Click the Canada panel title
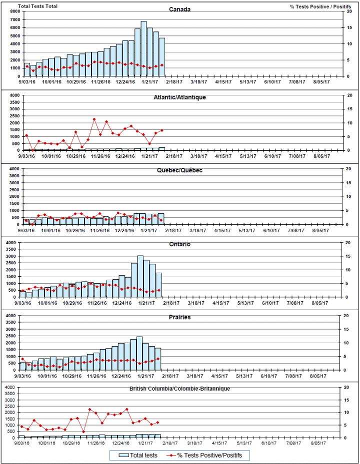(179, 9)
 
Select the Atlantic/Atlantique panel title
(179, 97)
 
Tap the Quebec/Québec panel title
(179, 170)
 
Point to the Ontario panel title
(179, 244)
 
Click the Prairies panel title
(179, 317)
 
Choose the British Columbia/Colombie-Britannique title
(179, 388)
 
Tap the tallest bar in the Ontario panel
(140, 276)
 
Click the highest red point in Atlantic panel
(94, 119)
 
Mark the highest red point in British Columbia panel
(126, 409)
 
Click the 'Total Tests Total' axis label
(37, 6)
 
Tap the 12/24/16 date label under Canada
(125, 82)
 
